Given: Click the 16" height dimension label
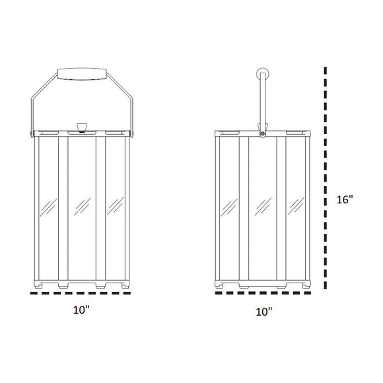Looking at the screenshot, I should pos(345,199).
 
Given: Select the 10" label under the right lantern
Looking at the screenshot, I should pos(263,311).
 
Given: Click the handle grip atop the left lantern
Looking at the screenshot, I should pos(83,73).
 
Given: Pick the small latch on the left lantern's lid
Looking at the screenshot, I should pos(83,127).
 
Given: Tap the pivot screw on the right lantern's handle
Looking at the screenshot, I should pos(263,134).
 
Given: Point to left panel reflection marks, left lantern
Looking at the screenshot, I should pos(46,207).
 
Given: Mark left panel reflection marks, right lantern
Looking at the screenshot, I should pos(229,207).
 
